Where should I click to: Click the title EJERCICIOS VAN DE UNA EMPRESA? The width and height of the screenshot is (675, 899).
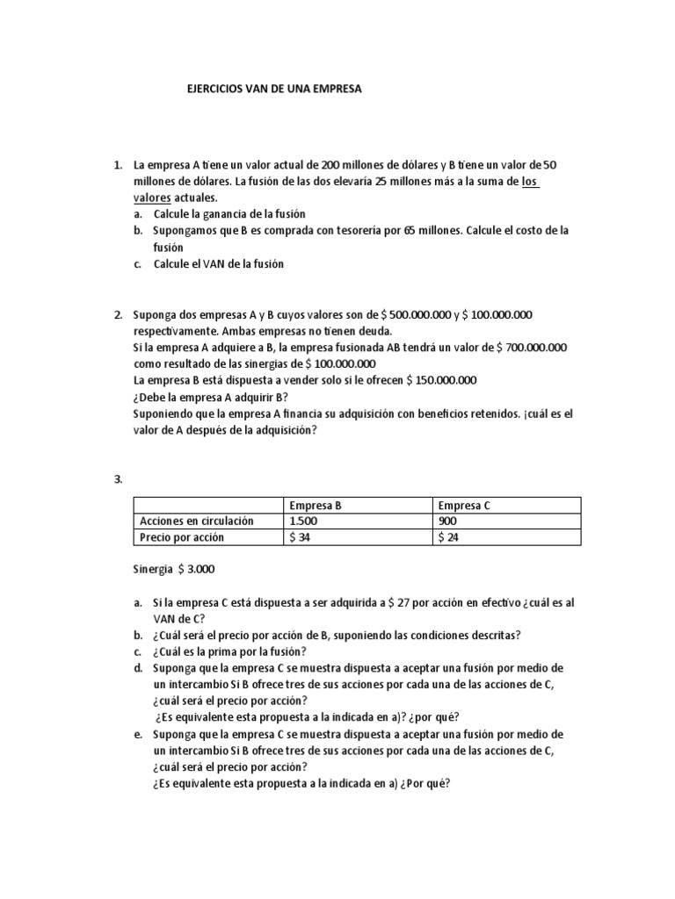coord(275,90)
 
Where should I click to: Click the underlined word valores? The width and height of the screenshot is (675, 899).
coord(150,198)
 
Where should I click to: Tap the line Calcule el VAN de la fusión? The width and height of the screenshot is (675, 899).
coord(219,264)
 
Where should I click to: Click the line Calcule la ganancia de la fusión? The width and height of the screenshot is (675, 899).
coord(229,214)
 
